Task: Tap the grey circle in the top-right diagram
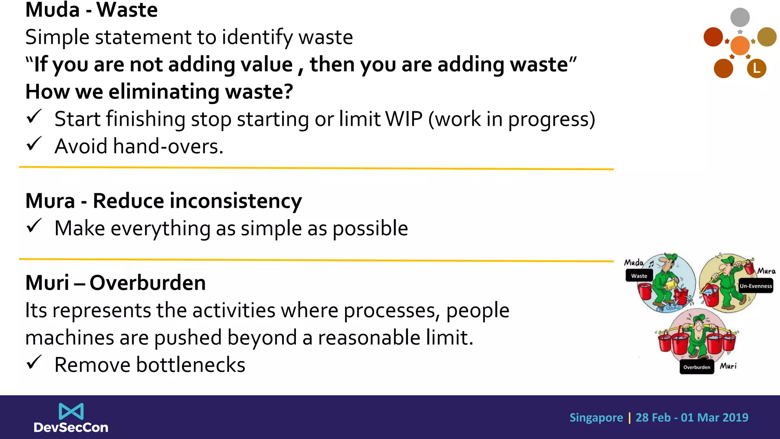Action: [x=740, y=17]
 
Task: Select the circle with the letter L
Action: [x=756, y=69]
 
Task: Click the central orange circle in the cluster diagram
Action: [x=740, y=45]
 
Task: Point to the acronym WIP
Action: [x=404, y=119]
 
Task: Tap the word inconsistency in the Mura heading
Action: [x=235, y=201]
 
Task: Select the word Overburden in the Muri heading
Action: [x=147, y=283]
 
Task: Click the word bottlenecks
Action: [x=190, y=365]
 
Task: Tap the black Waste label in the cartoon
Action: [x=639, y=276]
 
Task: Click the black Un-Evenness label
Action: [x=756, y=286]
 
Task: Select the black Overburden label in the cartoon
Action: [x=696, y=367]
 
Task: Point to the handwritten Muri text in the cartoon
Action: [x=728, y=366]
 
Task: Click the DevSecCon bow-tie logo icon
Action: [x=71, y=411]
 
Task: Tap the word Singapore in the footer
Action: [x=596, y=418]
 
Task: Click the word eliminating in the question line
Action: [x=164, y=92]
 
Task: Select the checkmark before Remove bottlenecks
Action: [x=34, y=362]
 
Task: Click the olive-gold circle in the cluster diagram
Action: [x=766, y=37]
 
